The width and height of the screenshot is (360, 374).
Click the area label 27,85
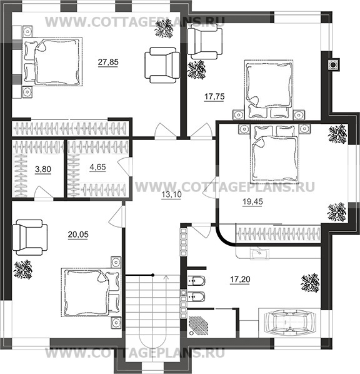coord(108,62)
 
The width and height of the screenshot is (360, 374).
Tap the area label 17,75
coord(214,97)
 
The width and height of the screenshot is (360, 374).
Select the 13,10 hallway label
coord(171,195)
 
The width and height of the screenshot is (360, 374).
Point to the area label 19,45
coord(252,202)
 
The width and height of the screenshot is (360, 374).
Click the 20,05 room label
coord(78,235)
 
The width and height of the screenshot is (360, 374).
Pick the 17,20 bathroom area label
coord(240,279)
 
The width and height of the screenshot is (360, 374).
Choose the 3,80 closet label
coord(43,169)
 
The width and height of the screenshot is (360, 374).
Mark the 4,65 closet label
coord(97,167)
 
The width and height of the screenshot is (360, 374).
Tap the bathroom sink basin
coord(259,253)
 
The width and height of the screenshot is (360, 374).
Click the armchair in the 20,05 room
coord(30,238)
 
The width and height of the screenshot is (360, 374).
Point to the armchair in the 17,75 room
coord(205,44)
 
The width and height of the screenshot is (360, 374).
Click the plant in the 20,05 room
coord(23,270)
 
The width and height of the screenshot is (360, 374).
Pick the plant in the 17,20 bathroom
coord(310,283)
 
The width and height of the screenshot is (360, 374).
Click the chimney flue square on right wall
coord(333,64)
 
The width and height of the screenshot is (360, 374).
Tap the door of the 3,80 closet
coord(44,192)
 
